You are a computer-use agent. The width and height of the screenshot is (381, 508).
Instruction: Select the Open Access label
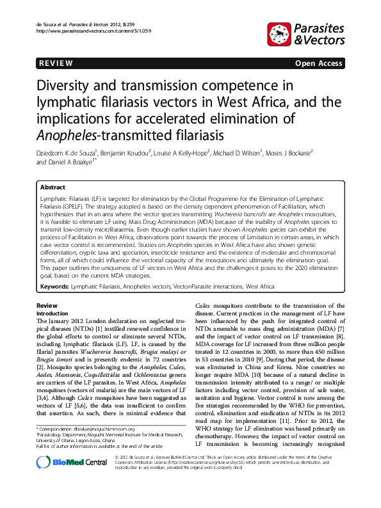point(318,63)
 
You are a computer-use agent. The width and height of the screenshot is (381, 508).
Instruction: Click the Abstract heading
point(53,187)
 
